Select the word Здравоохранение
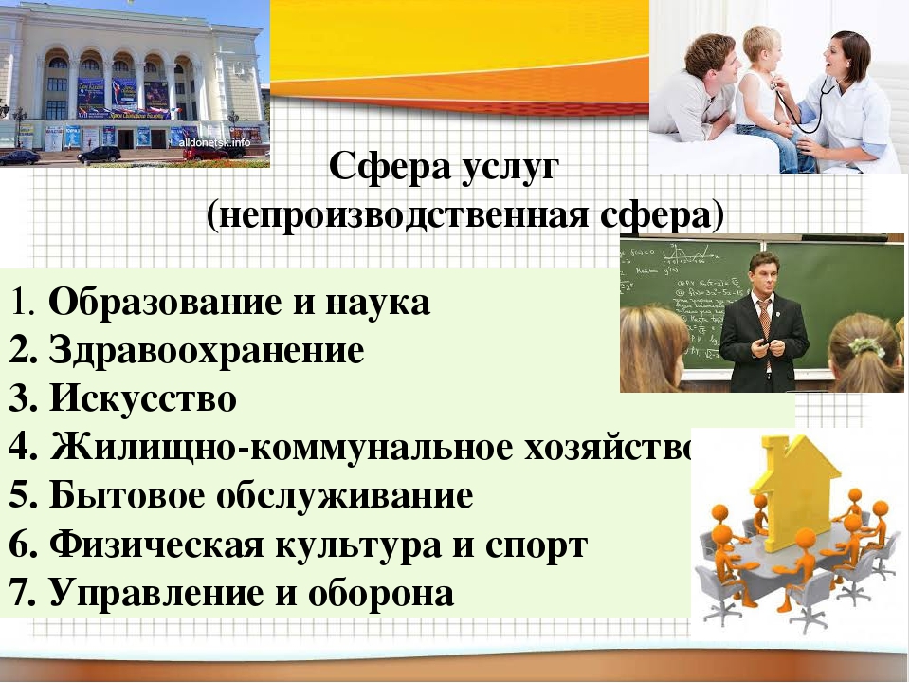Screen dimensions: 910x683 coord(207,350)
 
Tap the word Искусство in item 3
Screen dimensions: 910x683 coord(143,398)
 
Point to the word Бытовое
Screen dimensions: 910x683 coord(127,495)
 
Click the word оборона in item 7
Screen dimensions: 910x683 coord(381,594)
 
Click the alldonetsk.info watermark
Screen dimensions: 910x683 coord(215,142)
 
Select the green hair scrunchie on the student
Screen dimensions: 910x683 coord(865,346)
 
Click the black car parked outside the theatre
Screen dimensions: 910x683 coord(99,155)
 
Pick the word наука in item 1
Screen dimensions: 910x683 coord(378,304)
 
